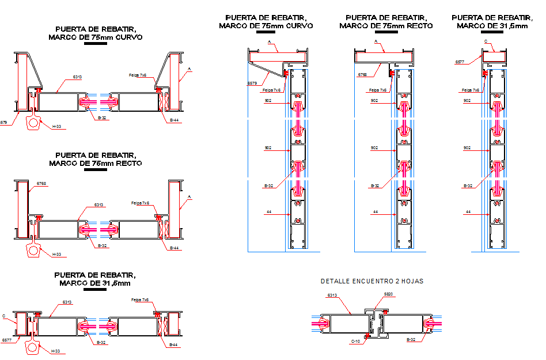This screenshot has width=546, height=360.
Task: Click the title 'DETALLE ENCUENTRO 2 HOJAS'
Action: pos(371,281)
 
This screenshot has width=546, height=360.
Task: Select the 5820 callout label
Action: pos(389,294)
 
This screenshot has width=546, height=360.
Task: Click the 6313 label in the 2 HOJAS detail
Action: pos(332,295)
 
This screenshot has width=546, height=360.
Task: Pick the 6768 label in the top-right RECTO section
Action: pos(362,74)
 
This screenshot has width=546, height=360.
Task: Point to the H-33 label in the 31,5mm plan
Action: pos(56,351)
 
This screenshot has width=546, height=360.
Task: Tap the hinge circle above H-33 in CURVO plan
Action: pos(34,123)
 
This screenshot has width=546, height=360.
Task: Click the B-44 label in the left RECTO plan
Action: pos(173,248)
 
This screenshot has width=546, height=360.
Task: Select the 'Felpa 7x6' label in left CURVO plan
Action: pos(138,75)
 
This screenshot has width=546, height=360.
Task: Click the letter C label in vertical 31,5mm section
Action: pos(486,41)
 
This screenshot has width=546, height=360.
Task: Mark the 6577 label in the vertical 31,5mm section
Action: pos(460,61)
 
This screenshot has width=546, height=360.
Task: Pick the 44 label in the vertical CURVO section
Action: pos(268,212)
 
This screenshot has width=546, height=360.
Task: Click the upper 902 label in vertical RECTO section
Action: pos(374,101)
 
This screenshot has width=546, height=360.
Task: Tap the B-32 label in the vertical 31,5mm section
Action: pos(468,185)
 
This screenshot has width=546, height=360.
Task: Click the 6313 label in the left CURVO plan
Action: pos(77,77)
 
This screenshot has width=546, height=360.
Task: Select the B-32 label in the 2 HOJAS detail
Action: pos(411,340)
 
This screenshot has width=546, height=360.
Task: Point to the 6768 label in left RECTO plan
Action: pos(41,183)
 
